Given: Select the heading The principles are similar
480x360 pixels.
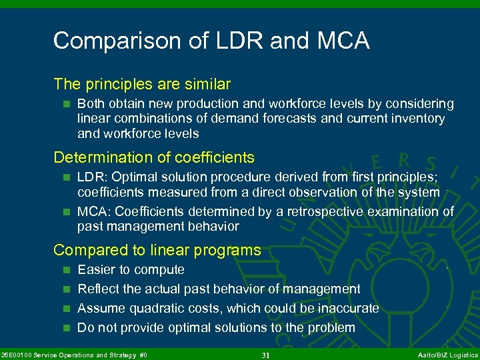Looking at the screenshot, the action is pyautogui.click(x=142, y=84).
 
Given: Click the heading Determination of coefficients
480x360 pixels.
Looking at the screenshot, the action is pyautogui.click(x=154, y=157).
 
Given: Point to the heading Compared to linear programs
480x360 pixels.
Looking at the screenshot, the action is pyautogui.click(x=157, y=250).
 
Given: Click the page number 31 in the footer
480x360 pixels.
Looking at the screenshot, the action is pyautogui.click(x=265, y=355).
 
